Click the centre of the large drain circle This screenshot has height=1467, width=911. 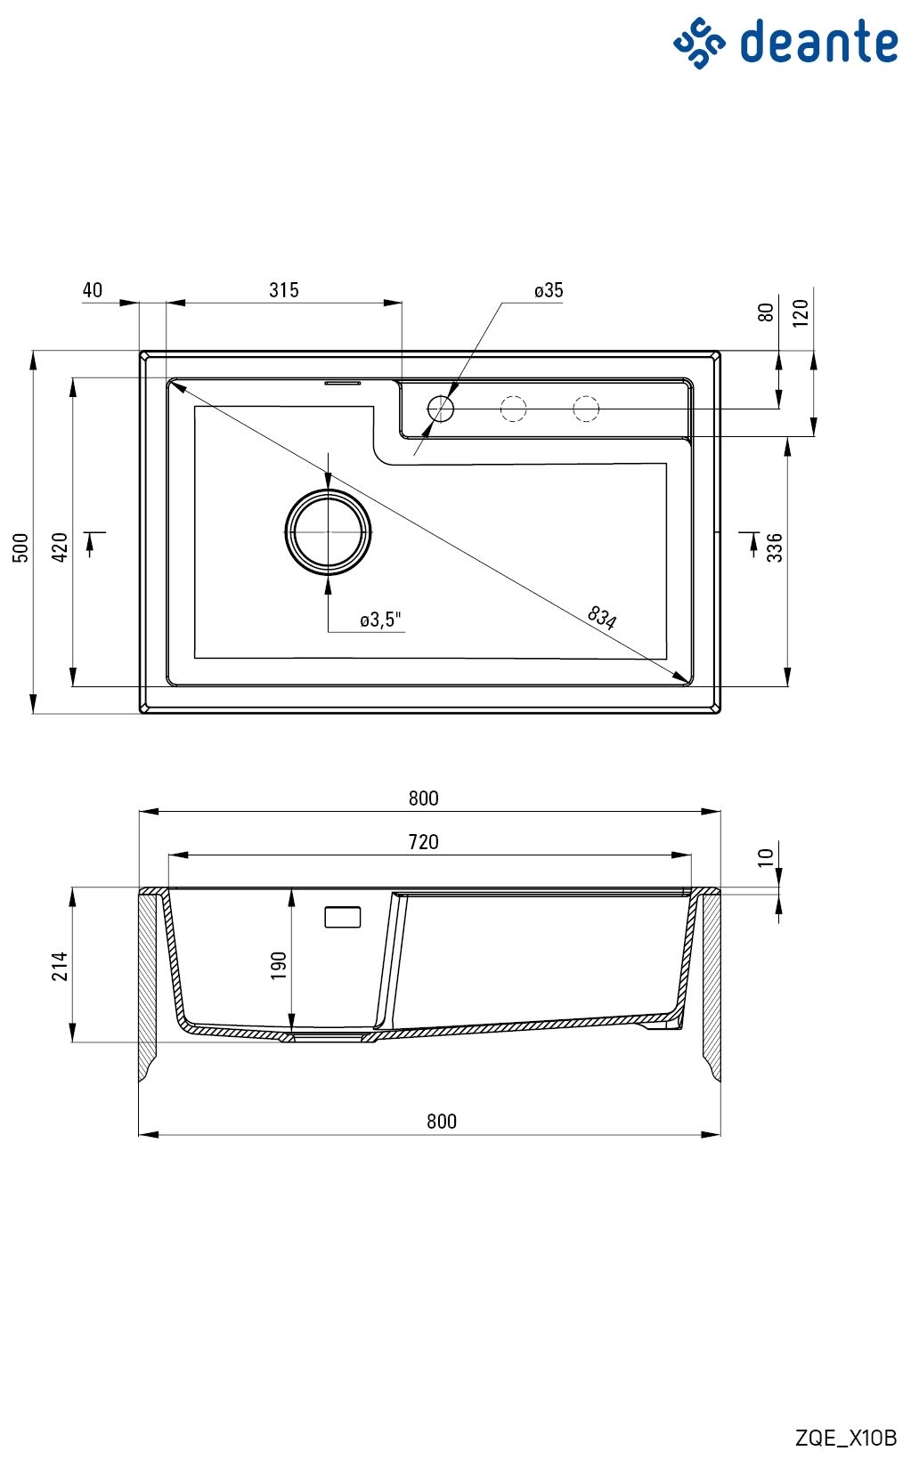[x=329, y=532]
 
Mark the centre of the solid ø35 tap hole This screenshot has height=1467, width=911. [x=441, y=409]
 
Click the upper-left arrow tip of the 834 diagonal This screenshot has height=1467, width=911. [x=171, y=383]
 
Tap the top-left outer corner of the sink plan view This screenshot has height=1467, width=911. [x=140, y=352]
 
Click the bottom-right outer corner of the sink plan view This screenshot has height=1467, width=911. [x=720, y=712]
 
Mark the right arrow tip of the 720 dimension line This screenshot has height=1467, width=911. [x=691, y=855]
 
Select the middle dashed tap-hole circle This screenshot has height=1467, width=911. [x=513, y=409]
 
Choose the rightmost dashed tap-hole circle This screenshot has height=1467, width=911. [x=586, y=409]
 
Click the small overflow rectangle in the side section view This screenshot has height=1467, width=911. [x=343, y=917]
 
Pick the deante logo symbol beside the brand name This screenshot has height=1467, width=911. [x=699, y=44]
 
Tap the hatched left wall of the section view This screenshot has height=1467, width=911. [x=148, y=983]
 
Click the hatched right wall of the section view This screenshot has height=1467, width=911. [x=712, y=983]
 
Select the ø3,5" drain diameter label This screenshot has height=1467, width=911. [x=381, y=619]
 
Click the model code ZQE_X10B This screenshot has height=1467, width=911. [x=845, y=1439]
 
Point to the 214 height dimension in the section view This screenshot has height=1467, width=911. [x=60, y=965]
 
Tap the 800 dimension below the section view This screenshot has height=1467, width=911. [x=442, y=1122]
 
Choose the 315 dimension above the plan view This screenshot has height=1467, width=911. [x=284, y=290]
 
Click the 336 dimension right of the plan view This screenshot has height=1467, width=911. [x=775, y=547]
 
